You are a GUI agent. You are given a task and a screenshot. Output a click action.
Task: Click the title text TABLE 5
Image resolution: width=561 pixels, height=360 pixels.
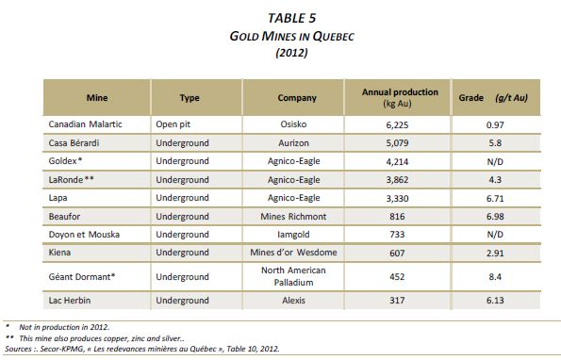[291, 18]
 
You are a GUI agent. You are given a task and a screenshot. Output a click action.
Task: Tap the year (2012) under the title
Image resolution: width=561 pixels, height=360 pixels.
[291, 53]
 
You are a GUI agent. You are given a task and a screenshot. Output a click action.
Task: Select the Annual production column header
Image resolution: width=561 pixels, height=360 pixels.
[400, 98]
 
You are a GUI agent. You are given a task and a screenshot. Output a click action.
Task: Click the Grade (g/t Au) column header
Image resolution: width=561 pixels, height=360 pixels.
[493, 98]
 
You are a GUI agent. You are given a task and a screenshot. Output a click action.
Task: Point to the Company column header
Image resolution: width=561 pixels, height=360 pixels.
[297, 98]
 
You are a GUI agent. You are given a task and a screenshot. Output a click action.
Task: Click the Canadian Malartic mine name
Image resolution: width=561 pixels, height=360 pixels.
[85, 124]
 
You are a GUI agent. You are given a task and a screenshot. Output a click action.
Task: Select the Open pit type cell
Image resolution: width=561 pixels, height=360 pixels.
[173, 124]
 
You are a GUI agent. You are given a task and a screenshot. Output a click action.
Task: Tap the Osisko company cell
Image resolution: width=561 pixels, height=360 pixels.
[293, 124]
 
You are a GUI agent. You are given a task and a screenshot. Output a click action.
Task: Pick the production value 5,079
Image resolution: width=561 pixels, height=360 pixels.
[397, 143]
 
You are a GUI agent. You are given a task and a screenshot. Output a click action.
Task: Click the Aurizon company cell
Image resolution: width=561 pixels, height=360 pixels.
[293, 143]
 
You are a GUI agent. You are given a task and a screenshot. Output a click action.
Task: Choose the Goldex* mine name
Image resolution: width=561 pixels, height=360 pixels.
[65, 161]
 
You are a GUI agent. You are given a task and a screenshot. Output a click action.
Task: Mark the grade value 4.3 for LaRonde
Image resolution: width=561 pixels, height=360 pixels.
[495, 179]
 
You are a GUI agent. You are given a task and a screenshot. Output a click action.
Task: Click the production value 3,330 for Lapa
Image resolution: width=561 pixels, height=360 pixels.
[397, 199]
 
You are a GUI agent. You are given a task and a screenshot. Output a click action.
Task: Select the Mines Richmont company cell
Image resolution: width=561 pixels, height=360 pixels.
[293, 217]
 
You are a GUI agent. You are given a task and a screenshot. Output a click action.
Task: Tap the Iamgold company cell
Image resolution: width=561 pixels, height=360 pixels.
[293, 235]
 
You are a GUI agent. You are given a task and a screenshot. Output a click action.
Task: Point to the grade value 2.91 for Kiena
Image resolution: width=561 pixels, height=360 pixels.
[495, 254]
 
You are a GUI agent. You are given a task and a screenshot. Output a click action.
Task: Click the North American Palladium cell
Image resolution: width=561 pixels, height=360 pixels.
[293, 276]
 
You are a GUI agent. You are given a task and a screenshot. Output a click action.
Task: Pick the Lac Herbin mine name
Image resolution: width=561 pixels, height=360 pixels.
[70, 301]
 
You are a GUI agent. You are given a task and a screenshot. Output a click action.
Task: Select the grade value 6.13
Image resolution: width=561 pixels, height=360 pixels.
[495, 301]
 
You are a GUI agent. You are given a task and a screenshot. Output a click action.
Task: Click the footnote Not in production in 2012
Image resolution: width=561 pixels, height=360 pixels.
[64, 327]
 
